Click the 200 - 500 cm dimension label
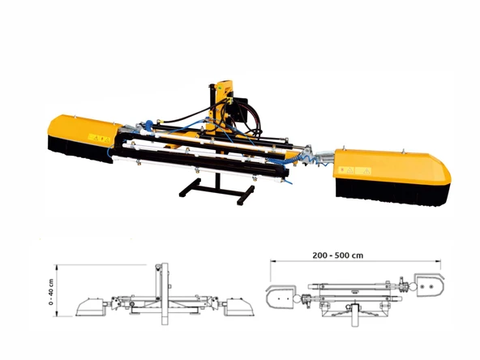(338, 255)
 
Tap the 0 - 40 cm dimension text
(51, 292)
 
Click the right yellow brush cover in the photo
(393, 168)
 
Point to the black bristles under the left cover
(80, 151)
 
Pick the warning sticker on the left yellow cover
(99, 139)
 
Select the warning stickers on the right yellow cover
(355, 171)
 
